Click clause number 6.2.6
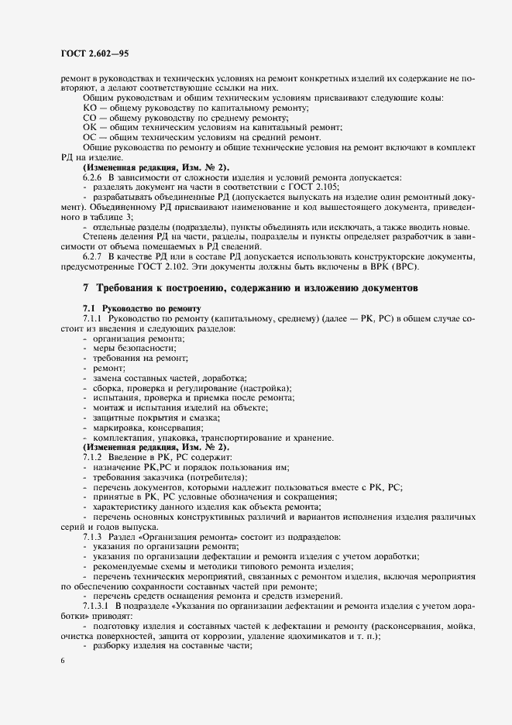[96, 178]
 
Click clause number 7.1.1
[96, 318]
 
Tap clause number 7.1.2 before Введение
[96, 458]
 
